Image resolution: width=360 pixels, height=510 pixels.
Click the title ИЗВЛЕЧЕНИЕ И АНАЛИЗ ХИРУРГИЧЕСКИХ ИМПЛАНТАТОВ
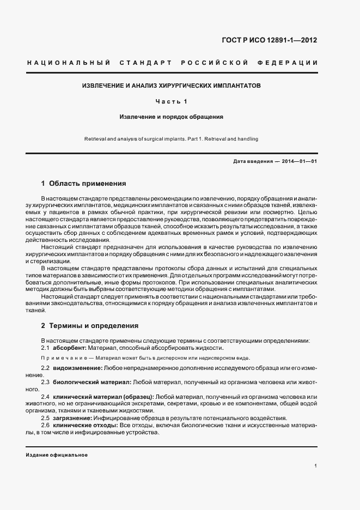pos(172,86)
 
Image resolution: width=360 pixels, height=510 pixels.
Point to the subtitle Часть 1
pos(171,101)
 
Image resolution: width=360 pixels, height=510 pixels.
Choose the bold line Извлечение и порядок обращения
pos(172,117)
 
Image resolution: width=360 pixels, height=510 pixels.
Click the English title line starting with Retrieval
pos(172,139)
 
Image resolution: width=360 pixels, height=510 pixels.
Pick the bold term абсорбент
pos(70,348)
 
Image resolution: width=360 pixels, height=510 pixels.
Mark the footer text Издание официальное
pos(57,455)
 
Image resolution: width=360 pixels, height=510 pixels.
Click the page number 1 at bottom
pos(316,466)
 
